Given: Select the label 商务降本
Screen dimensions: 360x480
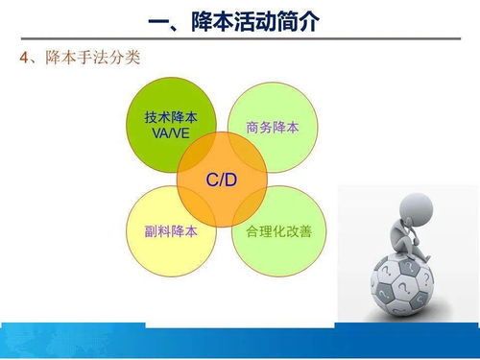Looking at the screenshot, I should click(272, 126).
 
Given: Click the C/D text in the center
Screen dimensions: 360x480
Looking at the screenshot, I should click(221, 180).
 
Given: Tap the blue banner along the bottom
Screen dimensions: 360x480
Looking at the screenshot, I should click(240, 341).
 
